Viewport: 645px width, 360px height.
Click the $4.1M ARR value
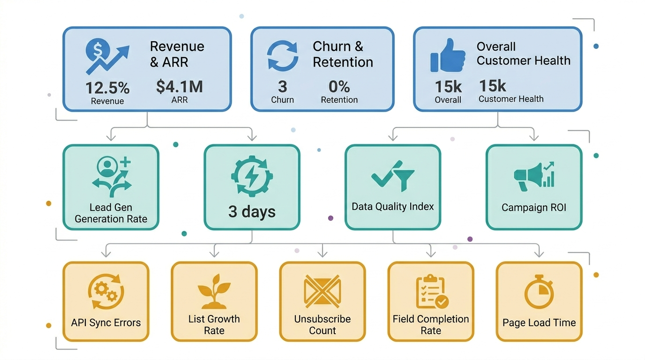pos(179,87)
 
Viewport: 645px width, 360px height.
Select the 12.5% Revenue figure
pos(107,88)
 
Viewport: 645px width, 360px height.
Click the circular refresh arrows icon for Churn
pos(282,56)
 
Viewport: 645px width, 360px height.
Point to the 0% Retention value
pos(339,87)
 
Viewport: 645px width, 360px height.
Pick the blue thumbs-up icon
pos(448,55)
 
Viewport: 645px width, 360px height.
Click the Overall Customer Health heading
pos(523,53)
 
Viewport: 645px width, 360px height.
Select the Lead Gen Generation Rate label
pos(111,213)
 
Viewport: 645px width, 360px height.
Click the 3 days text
pos(252,211)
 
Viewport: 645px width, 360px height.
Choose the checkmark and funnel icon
pos(393,176)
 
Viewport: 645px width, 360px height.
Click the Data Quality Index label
pos(393,207)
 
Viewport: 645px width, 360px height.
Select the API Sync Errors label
pos(106,322)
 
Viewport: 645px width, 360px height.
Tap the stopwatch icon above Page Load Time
pos(539,292)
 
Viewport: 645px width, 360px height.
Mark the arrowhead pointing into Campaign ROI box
pos(533,137)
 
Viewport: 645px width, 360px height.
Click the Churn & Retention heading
pos(343,54)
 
